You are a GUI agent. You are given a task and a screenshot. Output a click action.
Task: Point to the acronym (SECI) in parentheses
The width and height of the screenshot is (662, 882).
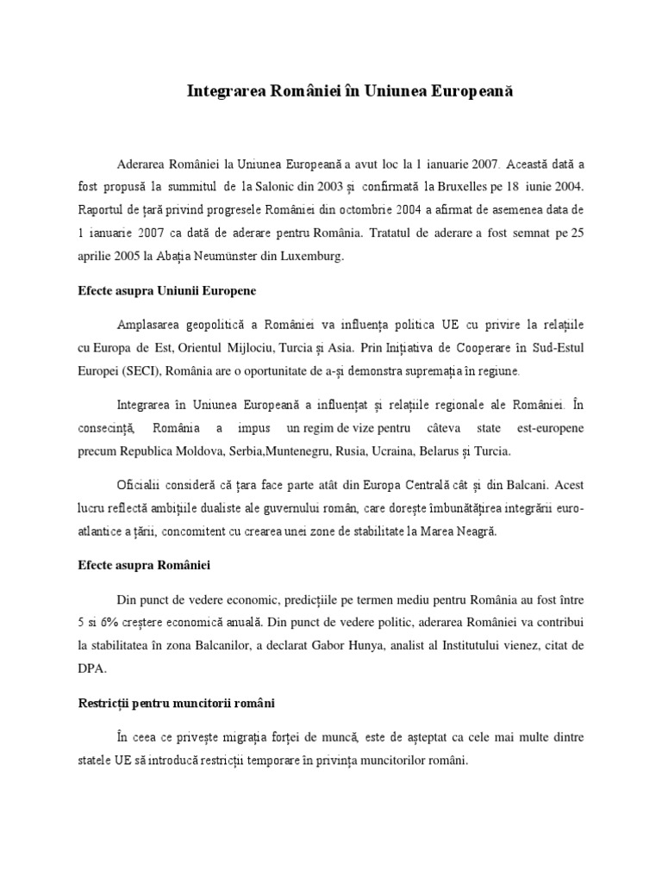[x=134, y=370]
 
